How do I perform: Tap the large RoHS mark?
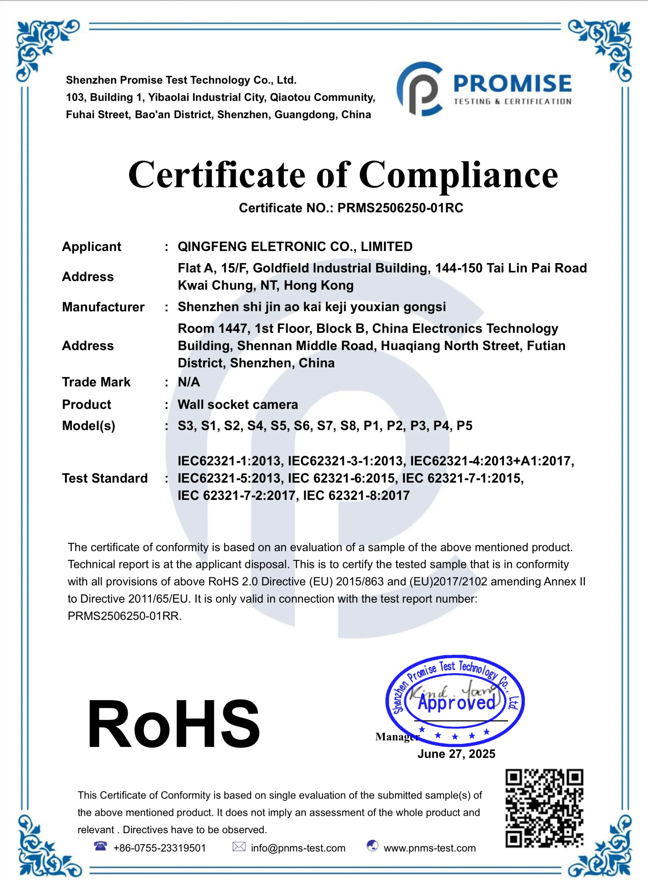tap(174, 724)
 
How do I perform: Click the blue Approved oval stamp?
tap(455, 700)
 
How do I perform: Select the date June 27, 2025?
tap(456, 753)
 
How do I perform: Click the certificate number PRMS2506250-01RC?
tap(400, 208)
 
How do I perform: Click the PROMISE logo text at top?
tap(512, 84)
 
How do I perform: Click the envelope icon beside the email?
tap(239, 846)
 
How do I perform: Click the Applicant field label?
tap(91, 246)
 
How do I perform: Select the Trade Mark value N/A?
tap(189, 382)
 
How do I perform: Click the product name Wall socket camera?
tap(238, 405)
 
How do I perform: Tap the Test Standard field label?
tap(105, 478)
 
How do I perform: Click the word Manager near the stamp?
tap(396, 737)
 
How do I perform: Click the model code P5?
tap(465, 426)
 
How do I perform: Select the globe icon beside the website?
tap(372, 846)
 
